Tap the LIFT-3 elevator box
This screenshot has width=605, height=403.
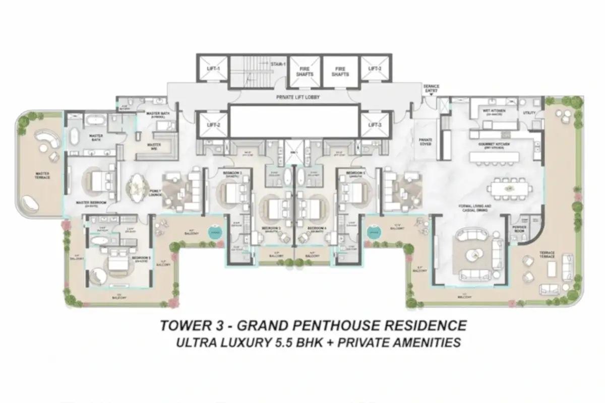pos(374,124)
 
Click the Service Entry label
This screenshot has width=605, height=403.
pos(432,89)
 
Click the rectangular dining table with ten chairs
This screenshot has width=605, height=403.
pos(509,189)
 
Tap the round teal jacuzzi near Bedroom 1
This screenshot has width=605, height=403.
pos(373,232)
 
